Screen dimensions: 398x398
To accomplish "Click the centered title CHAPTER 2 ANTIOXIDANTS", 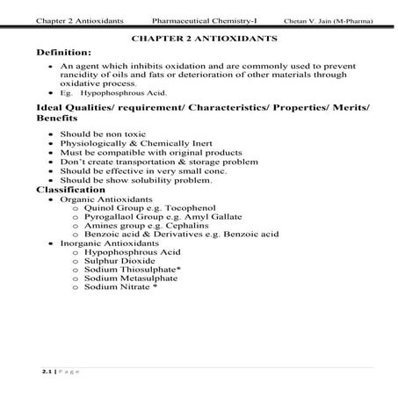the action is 204,39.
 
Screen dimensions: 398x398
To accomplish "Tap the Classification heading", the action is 70,189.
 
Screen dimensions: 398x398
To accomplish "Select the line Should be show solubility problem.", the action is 136,180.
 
